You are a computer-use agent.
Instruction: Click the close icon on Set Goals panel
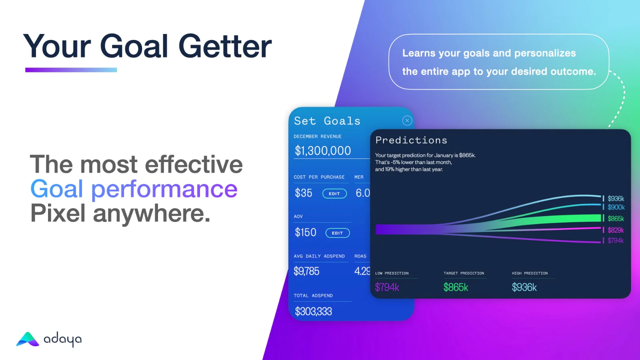407,120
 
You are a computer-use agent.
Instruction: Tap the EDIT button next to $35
334,194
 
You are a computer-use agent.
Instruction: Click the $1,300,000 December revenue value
323,150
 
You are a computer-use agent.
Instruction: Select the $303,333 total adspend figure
314,311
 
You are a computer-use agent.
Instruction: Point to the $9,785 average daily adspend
306,271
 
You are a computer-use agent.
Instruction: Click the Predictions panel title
411,140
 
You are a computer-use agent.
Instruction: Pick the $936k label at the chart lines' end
616,198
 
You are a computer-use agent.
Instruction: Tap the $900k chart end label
616,207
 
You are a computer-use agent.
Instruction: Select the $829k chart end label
616,230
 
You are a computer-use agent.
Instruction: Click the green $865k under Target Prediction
456,287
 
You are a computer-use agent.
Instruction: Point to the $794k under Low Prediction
387,287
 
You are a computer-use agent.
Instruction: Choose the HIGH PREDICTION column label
530,273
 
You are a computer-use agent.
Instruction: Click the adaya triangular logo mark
28,339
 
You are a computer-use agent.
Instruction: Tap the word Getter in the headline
225,46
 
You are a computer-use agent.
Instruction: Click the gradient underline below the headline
71,70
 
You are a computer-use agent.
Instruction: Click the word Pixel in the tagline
58,213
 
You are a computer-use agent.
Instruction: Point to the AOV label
298,216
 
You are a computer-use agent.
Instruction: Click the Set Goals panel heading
327,121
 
